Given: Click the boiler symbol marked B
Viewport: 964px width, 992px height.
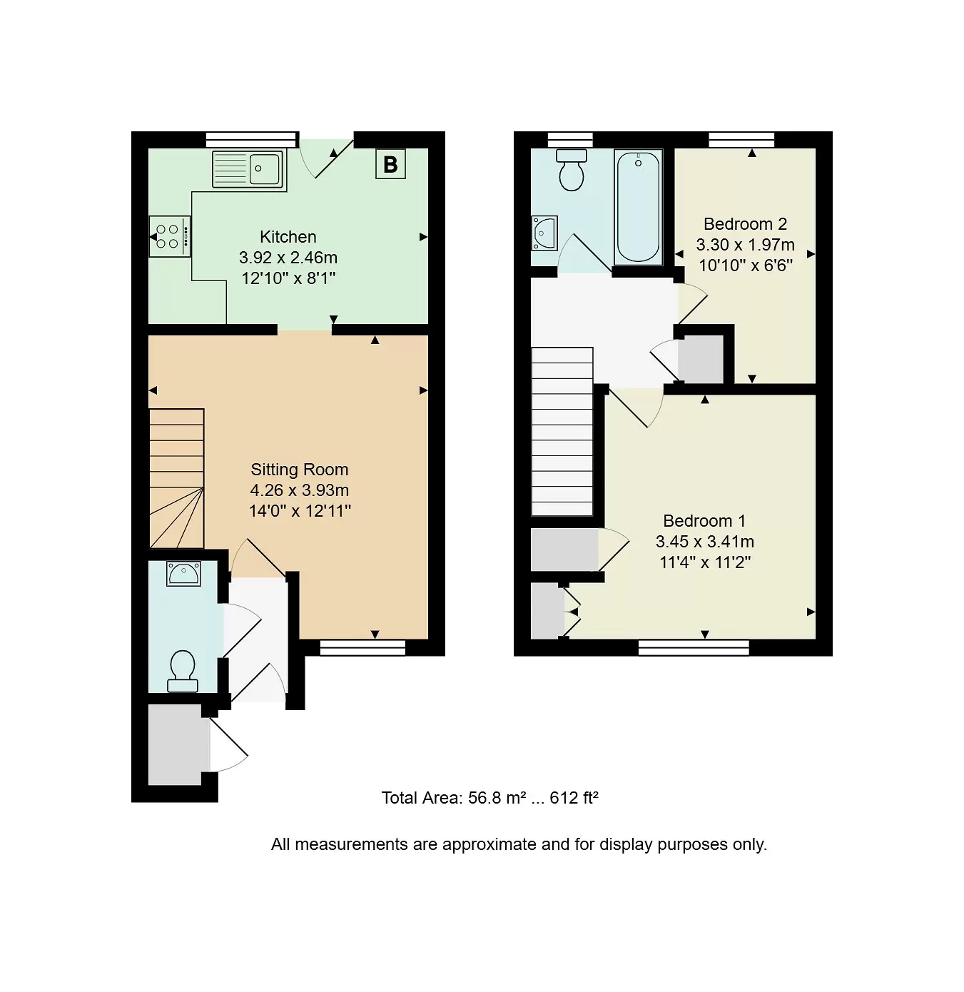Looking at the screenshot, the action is [x=390, y=164].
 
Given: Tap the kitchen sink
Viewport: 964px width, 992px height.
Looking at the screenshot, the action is [x=248, y=168].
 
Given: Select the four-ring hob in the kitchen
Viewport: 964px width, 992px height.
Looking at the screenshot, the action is [x=170, y=236].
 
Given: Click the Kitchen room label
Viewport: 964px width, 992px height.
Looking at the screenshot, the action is [x=288, y=237].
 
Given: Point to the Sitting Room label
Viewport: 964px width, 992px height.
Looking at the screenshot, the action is [x=299, y=470].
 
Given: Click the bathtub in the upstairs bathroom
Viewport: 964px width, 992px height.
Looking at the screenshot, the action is [x=638, y=207].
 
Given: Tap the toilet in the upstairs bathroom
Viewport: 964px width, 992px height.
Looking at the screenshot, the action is [x=572, y=170].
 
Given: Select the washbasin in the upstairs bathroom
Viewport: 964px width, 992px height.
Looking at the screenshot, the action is [x=544, y=233].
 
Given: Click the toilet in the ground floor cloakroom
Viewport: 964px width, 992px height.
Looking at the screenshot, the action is [x=183, y=671].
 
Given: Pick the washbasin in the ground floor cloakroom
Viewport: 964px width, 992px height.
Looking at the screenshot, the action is [x=183, y=574].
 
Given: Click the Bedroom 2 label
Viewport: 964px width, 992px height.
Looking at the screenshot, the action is [x=745, y=224].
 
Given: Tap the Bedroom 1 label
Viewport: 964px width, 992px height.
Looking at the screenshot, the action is [x=704, y=521].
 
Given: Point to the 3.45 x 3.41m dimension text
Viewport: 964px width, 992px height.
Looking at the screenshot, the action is [x=704, y=542].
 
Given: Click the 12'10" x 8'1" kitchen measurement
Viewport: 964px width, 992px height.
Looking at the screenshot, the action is [x=288, y=278].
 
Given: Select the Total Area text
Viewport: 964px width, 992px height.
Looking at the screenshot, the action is [x=489, y=798].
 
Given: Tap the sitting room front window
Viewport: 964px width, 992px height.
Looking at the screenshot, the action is [x=362, y=647].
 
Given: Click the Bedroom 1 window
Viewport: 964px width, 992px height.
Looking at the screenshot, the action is [x=694, y=647].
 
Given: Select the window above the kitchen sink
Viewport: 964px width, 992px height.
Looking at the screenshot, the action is [x=251, y=139].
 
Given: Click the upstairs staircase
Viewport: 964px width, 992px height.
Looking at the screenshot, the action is [x=562, y=431].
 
